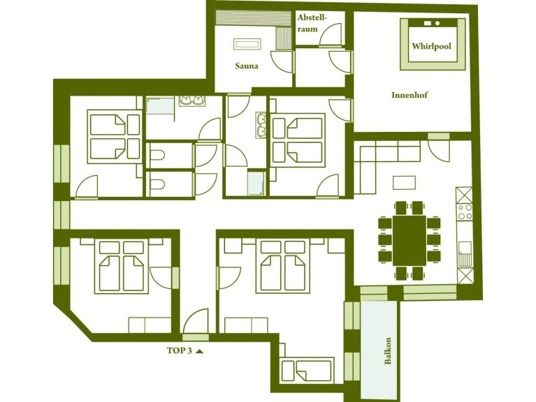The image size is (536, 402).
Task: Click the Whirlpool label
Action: click(x=431, y=46)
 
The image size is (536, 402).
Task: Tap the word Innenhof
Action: click(x=410, y=94)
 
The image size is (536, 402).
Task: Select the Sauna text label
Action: click(x=246, y=66)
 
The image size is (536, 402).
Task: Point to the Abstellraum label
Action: click(x=312, y=22)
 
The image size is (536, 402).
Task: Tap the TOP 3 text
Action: click(x=179, y=350)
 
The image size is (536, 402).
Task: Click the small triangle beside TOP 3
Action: click(x=200, y=351)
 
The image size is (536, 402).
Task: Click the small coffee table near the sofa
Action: click(x=404, y=182)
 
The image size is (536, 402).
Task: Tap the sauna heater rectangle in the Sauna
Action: click(x=246, y=44)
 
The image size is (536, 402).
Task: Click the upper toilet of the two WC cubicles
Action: click(x=157, y=155)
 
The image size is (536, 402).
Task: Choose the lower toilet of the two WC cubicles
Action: click(x=157, y=185)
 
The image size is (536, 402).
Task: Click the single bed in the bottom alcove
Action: click(x=307, y=367)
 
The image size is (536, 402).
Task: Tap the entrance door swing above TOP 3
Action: click(x=196, y=321)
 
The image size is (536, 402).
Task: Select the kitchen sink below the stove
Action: click(x=464, y=248)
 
